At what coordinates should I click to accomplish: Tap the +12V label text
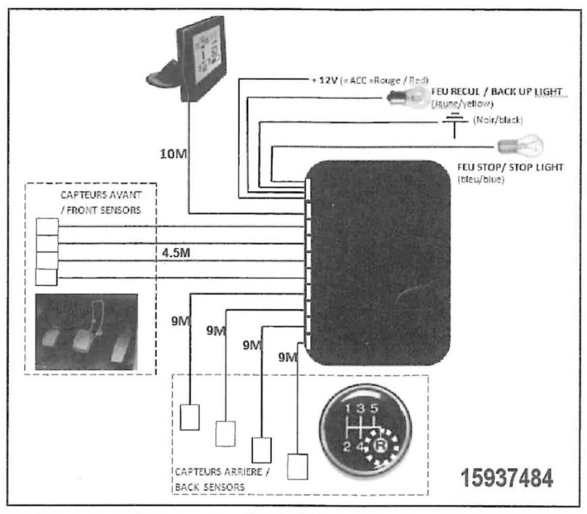317,81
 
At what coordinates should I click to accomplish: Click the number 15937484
508,478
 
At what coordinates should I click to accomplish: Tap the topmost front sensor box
47,226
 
